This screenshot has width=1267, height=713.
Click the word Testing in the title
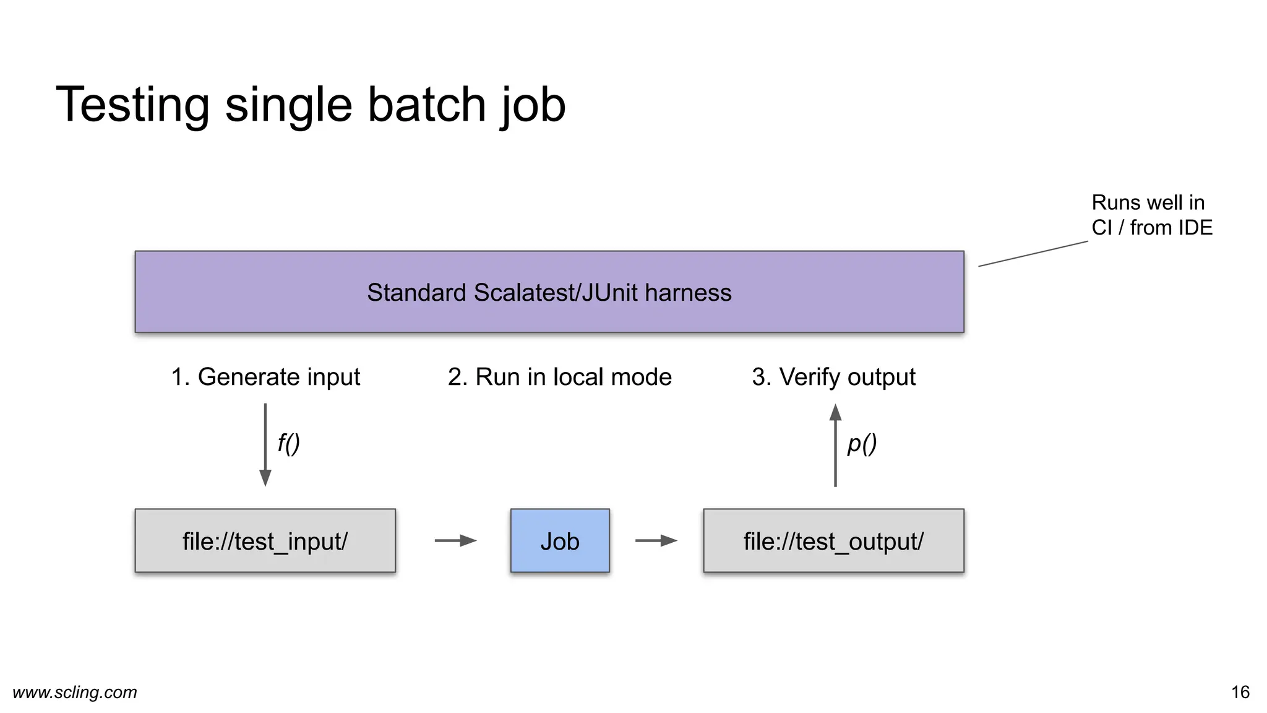point(132,105)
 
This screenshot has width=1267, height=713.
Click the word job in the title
point(533,105)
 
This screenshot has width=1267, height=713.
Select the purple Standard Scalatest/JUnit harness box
point(549,292)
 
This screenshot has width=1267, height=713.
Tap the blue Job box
point(559,541)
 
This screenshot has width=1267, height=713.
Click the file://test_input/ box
point(265,541)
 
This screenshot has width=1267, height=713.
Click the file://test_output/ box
point(833,541)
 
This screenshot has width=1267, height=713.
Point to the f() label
point(288,443)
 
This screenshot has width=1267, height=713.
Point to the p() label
point(862,443)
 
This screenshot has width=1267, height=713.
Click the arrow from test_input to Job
point(455,541)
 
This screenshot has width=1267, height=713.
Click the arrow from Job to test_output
point(656,541)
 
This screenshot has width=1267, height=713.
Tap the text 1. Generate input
point(265,377)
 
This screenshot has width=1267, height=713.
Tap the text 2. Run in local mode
point(559,377)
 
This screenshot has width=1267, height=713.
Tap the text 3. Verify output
point(833,377)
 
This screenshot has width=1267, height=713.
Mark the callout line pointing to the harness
point(1033,254)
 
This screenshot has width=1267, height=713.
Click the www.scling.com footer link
point(74,692)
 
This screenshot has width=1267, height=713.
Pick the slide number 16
point(1240,692)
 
